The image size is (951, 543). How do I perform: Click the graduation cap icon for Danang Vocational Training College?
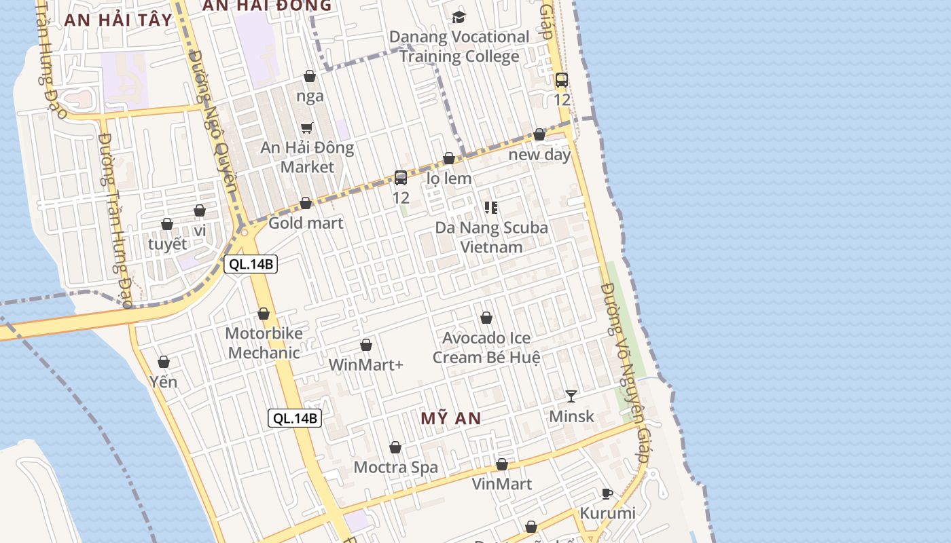point(459,17)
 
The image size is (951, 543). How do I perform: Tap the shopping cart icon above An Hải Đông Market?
point(307,128)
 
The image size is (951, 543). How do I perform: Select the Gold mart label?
point(306,223)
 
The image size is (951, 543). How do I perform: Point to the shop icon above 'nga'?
point(310,76)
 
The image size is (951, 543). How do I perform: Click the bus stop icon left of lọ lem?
point(401,178)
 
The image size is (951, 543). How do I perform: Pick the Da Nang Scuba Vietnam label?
point(492,237)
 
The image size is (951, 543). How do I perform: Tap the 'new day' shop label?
point(540,155)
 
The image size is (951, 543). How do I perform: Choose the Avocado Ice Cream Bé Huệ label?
point(486,348)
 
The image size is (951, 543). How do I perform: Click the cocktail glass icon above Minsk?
point(571,396)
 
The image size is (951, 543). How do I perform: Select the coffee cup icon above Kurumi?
point(607,493)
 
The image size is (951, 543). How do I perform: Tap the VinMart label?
point(502,484)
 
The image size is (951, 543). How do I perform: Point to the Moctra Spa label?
point(396,467)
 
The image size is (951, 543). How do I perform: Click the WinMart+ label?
point(366,364)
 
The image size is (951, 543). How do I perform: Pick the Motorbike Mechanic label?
point(264,343)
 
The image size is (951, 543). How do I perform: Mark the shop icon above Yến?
point(164,362)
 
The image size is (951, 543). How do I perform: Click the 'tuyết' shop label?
point(167,244)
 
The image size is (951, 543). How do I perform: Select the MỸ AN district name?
point(450,418)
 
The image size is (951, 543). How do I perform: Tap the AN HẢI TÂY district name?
point(119,20)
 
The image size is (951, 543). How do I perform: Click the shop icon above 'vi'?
point(200,211)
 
